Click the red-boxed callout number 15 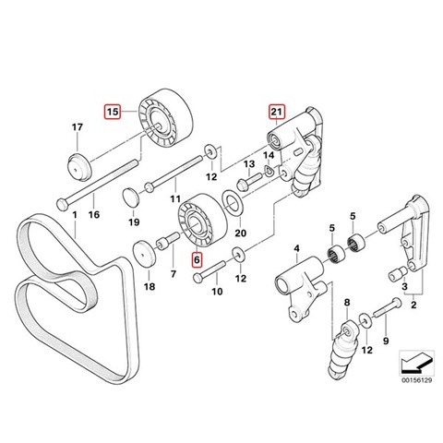[x=113, y=112]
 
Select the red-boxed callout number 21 [x=277, y=112]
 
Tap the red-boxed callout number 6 [x=197, y=260]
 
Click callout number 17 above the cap [x=78, y=127]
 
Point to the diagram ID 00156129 [x=416, y=380]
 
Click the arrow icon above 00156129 [x=417, y=363]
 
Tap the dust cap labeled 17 [x=79, y=166]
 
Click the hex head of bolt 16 [x=62, y=205]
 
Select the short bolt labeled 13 [x=249, y=181]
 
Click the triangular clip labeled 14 [x=269, y=171]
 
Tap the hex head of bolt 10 [x=197, y=278]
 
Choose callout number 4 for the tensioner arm [x=296, y=248]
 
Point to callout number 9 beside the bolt [x=386, y=341]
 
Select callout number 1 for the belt [x=75, y=214]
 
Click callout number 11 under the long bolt [x=175, y=199]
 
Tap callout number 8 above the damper [x=347, y=303]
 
